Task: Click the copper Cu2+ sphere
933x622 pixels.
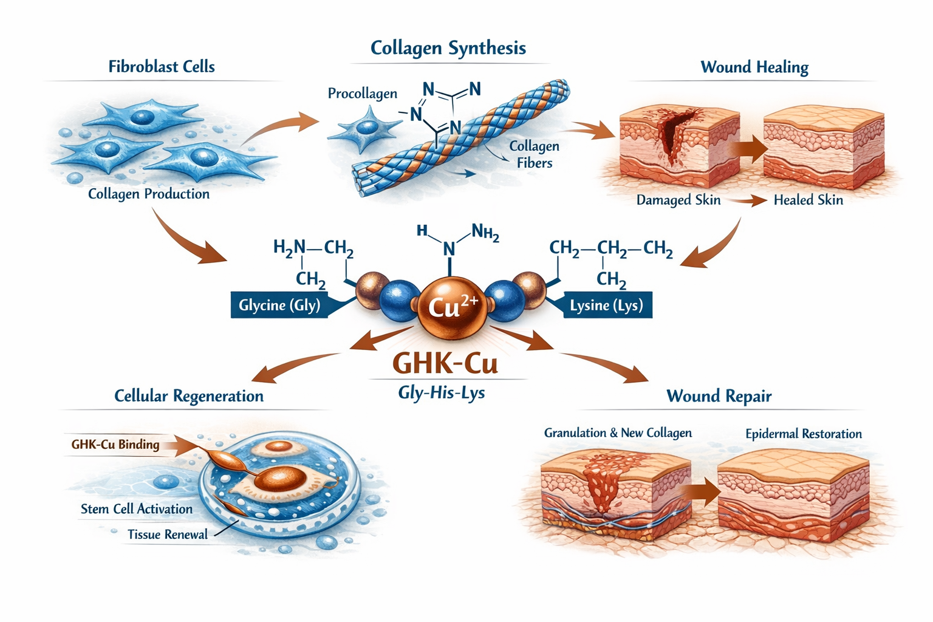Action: coord(451,307)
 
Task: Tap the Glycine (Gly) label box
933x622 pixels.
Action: coord(279,305)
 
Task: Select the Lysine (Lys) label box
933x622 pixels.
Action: coord(606,305)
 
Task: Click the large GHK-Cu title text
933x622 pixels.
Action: coord(445,363)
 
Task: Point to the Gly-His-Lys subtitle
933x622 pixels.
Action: coord(442,392)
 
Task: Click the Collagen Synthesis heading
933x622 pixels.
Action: coord(448,48)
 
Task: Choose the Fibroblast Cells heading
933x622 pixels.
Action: coord(162,67)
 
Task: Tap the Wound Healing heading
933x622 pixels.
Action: coord(754,67)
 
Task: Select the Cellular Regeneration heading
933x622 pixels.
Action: coord(189,396)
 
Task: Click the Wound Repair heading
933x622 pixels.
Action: coord(719,396)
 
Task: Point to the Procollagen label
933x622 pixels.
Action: coord(363,94)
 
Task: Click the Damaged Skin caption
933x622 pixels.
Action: coord(678,200)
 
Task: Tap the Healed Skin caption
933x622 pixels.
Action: coord(808,200)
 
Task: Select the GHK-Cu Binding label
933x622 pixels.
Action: coord(115,445)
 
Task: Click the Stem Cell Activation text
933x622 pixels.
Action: coord(137,509)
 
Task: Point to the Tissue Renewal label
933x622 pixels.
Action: coord(168,535)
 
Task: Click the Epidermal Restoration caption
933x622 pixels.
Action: coord(804,434)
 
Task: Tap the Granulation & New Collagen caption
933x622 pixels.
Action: coord(618,432)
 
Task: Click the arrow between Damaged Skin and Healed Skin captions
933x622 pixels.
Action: coord(748,200)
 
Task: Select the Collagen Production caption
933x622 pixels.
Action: coord(149,194)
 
